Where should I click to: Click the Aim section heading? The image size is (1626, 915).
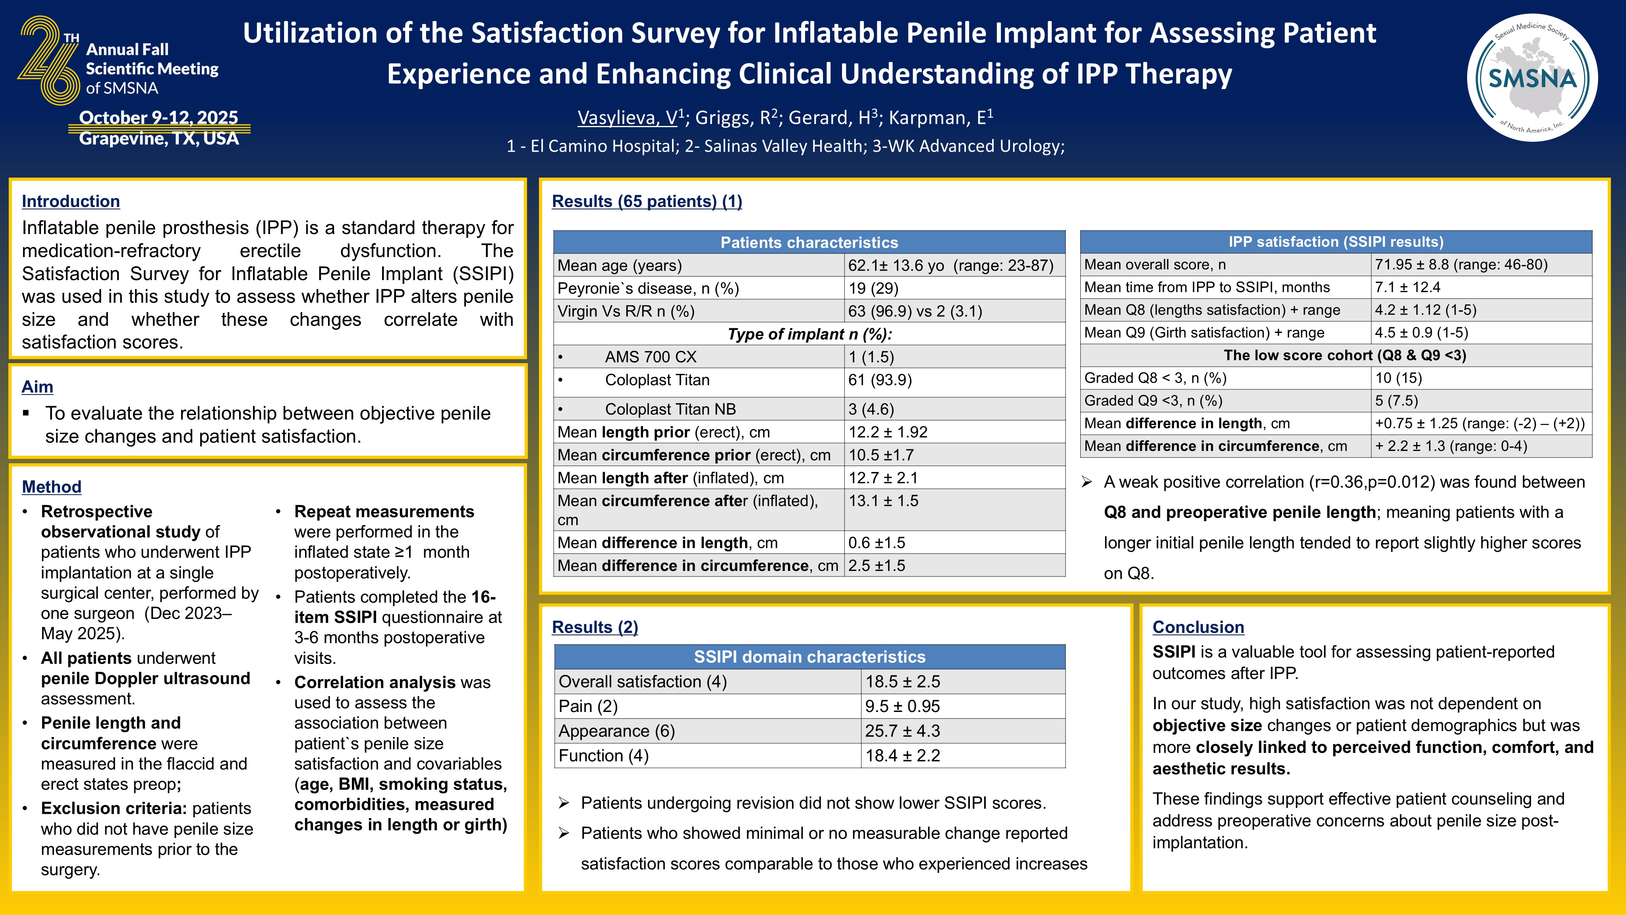click(x=37, y=387)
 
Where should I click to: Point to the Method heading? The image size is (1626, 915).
click(x=51, y=486)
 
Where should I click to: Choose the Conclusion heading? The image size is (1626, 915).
click(x=1198, y=627)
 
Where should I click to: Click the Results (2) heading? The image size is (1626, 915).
click(x=595, y=627)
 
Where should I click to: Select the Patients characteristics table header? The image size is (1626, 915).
click(x=809, y=242)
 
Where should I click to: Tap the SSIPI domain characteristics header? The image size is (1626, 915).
click(x=809, y=657)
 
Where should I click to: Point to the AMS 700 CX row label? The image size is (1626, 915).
click(x=650, y=357)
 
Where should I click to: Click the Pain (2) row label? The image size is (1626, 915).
click(x=588, y=706)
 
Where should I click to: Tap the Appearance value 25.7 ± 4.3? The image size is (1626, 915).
click(x=902, y=731)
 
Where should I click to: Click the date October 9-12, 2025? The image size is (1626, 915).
click(x=158, y=118)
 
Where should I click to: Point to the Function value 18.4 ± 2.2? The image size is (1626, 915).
click(x=902, y=755)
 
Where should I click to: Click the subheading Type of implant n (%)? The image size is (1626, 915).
click(x=809, y=334)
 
